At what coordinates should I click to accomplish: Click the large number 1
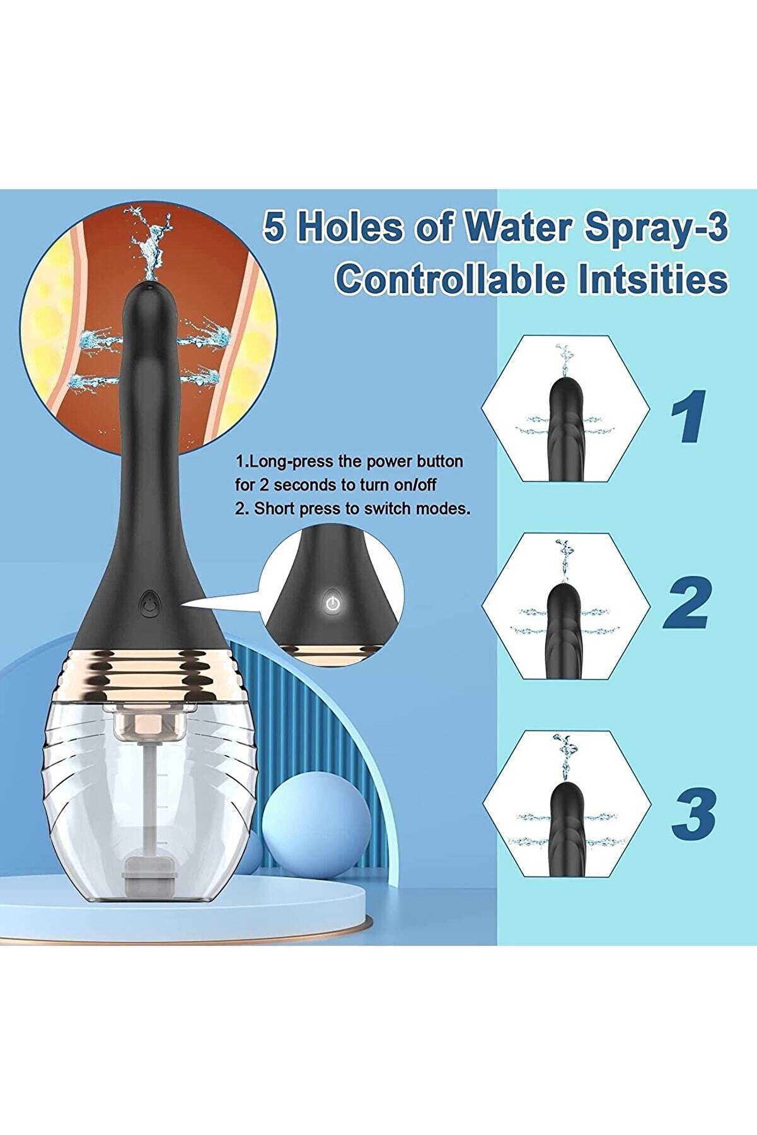688,417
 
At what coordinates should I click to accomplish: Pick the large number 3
693,813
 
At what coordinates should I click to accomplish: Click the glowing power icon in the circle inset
333,604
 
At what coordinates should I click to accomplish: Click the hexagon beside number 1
565,409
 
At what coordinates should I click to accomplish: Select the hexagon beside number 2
565,605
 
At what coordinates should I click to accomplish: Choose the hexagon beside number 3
567,804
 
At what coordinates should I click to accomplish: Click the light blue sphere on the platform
316,823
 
